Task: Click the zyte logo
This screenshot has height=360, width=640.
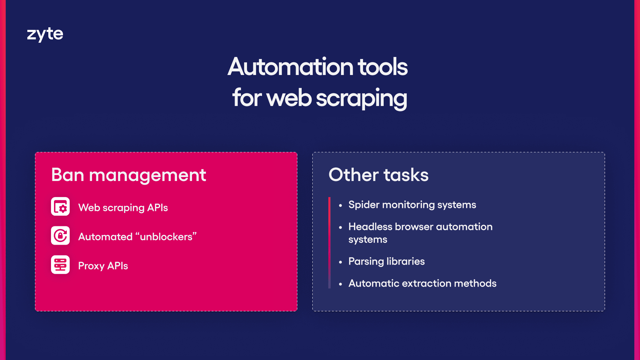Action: (x=45, y=34)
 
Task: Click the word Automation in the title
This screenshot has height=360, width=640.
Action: (x=290, y=67)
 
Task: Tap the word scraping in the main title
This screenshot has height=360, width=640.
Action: (x=361, y=98)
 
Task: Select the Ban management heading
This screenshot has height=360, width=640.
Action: (x=129, y=175)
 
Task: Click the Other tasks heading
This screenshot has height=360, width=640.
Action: (x=378, y=175)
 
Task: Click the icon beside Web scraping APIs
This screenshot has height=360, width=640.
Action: (x=60, y=207)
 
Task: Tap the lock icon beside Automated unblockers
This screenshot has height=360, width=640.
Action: (x=60, y=236)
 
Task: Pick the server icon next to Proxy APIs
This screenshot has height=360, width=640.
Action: (x=60, y=265)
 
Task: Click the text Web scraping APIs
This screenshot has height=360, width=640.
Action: (x=123, y=208)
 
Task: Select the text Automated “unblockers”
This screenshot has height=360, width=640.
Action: (x=137, y=237)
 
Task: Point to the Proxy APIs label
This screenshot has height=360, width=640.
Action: (x=103, y=266)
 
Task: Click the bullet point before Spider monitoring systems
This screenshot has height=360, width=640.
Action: (x=340, y=206)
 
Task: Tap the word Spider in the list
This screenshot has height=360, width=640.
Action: (x=364, y=205)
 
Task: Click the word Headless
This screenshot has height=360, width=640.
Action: (x=370, y=227)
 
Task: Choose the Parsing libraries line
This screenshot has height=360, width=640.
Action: (x=386, y=261)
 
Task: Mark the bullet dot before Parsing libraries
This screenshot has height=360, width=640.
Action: (x=340, y=262)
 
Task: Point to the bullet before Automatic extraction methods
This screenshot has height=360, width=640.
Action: (x=340, y=284)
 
